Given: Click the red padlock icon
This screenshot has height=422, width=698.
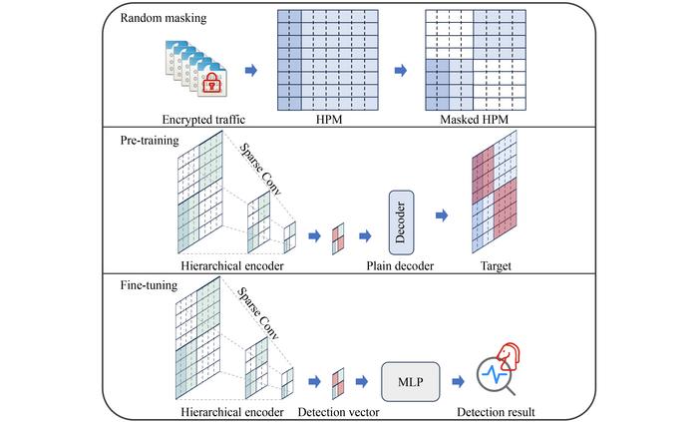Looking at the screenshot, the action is [211, 83].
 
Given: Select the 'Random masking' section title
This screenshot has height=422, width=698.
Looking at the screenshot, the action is [164, 18].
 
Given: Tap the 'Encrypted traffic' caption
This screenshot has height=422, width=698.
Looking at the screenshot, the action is [203, 120].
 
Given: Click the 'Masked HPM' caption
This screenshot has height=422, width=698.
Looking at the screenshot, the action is [474, 120].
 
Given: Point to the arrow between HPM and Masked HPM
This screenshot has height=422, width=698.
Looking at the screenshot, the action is [401, 70].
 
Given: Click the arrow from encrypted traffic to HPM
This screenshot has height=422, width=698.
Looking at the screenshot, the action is [251, 70].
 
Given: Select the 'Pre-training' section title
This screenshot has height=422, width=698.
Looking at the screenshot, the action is [150, 141].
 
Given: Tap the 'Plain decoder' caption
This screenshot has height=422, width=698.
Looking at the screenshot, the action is [400, 265].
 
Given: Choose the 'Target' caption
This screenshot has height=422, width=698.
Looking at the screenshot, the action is [496, 265].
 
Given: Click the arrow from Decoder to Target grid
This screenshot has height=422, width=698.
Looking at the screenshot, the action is [442, 215].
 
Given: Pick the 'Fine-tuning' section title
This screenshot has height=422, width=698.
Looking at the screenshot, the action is [149, 285].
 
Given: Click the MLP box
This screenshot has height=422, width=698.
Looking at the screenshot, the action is [411, 381].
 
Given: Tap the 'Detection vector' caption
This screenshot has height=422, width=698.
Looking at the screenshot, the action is [338, 412].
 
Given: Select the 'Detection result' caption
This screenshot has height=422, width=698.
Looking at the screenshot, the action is [496, 412].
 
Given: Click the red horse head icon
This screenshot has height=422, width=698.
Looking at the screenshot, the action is [509, 356].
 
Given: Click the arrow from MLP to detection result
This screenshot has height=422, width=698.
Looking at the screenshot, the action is [458, 381].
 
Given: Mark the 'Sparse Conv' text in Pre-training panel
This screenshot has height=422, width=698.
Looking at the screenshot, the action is [261, 170].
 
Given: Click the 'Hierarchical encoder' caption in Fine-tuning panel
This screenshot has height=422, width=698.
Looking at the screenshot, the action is [232, 412].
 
